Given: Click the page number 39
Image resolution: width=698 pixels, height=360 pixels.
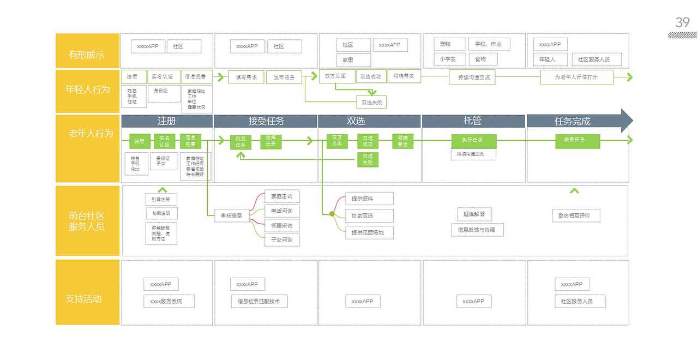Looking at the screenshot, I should coord(683,22).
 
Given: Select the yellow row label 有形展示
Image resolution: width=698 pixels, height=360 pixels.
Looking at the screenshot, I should coord(87,55).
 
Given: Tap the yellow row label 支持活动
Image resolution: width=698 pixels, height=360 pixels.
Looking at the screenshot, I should coord(87,299).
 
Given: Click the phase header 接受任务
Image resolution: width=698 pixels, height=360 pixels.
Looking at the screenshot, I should coord(266,121).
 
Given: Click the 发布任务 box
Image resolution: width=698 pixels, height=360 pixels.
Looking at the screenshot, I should coord(284,77).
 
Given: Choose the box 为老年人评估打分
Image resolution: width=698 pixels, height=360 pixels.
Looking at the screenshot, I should coord(576,77).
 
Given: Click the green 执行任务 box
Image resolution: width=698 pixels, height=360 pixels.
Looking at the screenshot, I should coord(474,141).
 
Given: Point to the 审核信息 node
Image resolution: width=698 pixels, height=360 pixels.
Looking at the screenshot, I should coord(232,215).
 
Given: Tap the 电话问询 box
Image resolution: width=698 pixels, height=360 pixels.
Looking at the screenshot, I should coord(282,211).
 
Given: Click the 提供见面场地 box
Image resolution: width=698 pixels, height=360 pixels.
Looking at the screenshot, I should coord(369,233).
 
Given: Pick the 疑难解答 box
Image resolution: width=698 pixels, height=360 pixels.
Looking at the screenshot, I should coord(474,214).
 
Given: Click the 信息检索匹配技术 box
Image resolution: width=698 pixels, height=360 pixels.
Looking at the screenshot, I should coord(259,301).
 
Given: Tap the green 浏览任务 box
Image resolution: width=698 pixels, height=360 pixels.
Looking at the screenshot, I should coord(240,142).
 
